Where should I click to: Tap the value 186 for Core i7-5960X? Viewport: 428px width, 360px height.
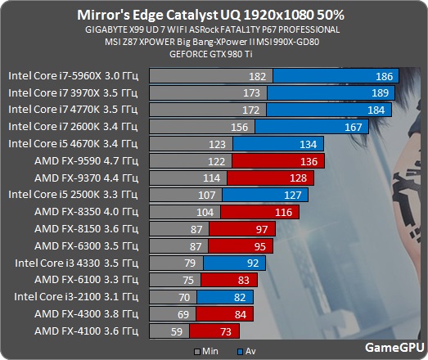click(384, 75)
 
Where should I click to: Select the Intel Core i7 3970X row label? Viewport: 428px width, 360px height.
click(74, 92)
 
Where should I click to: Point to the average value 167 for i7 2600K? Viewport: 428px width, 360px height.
click(354, 127)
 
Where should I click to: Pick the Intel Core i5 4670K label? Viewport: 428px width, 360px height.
click(74, 143)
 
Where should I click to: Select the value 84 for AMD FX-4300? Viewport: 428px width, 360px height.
click(240, 314)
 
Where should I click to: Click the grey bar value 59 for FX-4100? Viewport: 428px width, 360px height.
click(175, 331)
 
